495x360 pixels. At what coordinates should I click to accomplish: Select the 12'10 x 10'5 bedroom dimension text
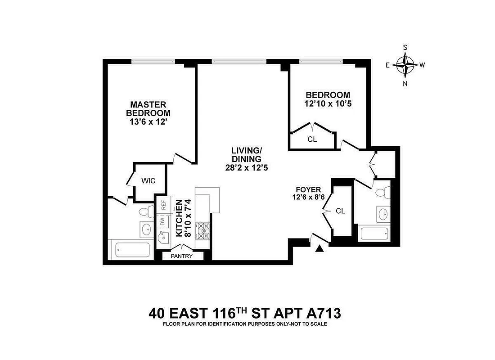[328, 103]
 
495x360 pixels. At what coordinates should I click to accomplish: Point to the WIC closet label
[148, 181]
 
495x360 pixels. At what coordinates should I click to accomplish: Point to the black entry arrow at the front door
[320, 248]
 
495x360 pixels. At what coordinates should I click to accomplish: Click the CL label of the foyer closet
[340, 211]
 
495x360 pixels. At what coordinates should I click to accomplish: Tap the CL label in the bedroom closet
[312, 139]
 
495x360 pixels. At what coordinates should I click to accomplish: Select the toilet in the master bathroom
[145, 211]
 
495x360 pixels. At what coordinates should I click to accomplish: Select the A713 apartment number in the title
[322, 312]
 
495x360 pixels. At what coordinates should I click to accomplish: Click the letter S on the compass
[405, 47]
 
